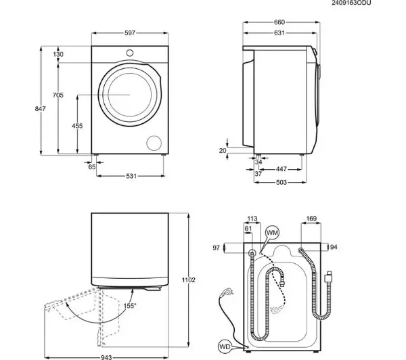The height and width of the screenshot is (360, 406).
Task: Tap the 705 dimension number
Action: click(58, 95)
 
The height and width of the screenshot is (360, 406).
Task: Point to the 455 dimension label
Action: click(77, 126)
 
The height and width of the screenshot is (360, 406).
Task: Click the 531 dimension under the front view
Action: click(131, 176)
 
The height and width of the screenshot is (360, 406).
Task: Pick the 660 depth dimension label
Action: click(279, 22)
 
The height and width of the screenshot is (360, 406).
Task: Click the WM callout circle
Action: click(272, 232)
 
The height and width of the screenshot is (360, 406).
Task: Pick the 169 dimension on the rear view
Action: click(311, 219)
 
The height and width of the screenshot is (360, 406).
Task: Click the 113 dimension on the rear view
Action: click(252, 219)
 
